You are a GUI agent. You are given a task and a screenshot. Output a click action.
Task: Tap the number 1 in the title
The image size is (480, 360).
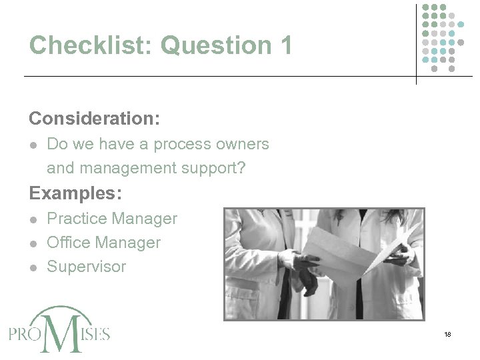tap(286, 45)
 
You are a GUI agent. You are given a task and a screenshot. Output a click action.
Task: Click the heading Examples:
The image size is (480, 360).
tap(75, 193)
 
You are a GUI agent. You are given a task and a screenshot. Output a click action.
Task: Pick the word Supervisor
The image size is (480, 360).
tap(86, 267)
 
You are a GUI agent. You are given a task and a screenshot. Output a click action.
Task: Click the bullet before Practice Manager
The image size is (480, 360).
tap(33, 219)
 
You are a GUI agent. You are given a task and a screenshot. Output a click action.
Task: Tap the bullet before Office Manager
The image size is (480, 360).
tap(33, 243)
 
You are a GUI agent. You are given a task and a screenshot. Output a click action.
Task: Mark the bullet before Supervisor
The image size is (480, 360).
tap(33, 267)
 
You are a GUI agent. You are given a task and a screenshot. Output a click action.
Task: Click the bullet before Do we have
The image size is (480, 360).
tap(33, 145)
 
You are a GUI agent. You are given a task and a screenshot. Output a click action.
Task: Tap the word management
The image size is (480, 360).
tap(129, 169)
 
